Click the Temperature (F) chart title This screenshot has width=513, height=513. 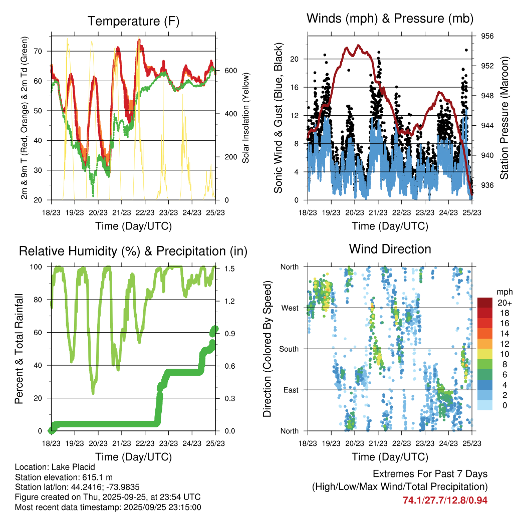coord(133,21)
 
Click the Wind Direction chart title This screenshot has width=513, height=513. coord(390,248)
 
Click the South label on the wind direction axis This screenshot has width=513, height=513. coord(289,349)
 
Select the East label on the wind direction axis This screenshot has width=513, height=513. coord(291,390)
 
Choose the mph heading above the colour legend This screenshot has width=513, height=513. coord(502,292)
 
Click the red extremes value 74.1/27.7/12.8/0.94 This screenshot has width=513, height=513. coord(445,500)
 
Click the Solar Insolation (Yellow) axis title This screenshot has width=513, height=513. coord(246,118)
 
